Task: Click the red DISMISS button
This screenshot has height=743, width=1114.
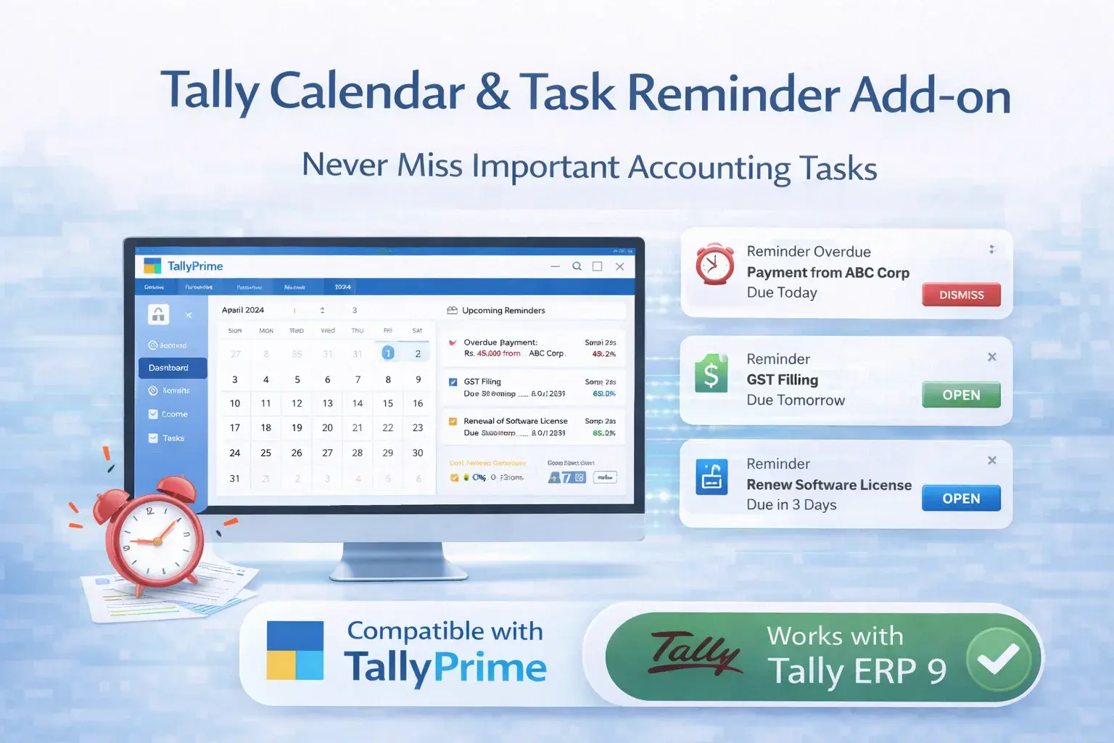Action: pos(961,295)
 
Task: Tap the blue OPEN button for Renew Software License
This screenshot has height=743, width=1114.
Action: pos(961,498)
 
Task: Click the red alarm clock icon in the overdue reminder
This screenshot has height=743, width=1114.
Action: pos(714,264)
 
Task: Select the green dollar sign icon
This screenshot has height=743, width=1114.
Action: pos(711,374)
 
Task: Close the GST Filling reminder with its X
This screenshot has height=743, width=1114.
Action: pos(992,357)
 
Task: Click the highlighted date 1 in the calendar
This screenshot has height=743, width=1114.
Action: pos(388,353)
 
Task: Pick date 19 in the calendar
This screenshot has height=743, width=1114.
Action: pos(297,428)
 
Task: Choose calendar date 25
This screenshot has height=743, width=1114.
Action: pos(265,453)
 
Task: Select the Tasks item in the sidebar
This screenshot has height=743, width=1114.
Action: pos(173,438)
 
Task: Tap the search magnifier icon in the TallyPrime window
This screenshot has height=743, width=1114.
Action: pos(577,266)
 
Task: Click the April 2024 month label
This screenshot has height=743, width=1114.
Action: pos(243,310)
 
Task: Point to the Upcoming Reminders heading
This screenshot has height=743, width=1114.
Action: pos(503,311)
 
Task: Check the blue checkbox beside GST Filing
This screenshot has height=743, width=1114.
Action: pos(453,382)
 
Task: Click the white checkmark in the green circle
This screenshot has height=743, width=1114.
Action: pos(998,659)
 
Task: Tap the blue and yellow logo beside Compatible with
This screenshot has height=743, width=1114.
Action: pos(295,650)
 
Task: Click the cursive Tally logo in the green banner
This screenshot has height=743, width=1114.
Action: pos(694,653)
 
